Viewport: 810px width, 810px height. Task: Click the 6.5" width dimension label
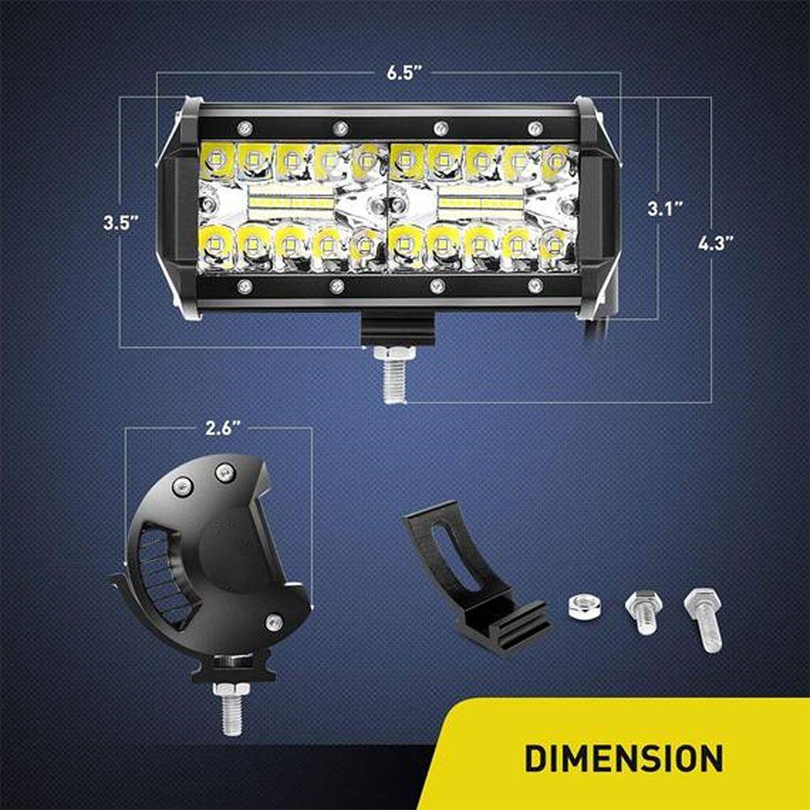[400, 72]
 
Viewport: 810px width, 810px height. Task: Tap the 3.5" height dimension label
[121, 223]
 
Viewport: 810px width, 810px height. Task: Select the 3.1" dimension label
[665, 209]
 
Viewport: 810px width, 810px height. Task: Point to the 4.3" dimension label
[716, 243]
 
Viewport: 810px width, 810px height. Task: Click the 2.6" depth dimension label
[224, 428]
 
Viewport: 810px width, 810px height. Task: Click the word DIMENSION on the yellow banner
[624, 758]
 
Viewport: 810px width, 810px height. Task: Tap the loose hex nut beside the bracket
[583, 607]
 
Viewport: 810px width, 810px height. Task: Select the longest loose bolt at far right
[704, 619]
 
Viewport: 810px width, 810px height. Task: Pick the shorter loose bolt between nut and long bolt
[644, 612]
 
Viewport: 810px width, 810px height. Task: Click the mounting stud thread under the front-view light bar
[395, 382]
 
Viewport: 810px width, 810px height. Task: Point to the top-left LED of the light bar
[216, 160]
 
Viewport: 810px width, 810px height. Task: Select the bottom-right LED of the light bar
[556, 247]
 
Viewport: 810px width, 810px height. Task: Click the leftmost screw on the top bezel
[245, 128]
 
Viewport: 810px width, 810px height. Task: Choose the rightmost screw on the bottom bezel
[535, 285]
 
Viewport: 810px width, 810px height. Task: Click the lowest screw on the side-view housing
[274, 622]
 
